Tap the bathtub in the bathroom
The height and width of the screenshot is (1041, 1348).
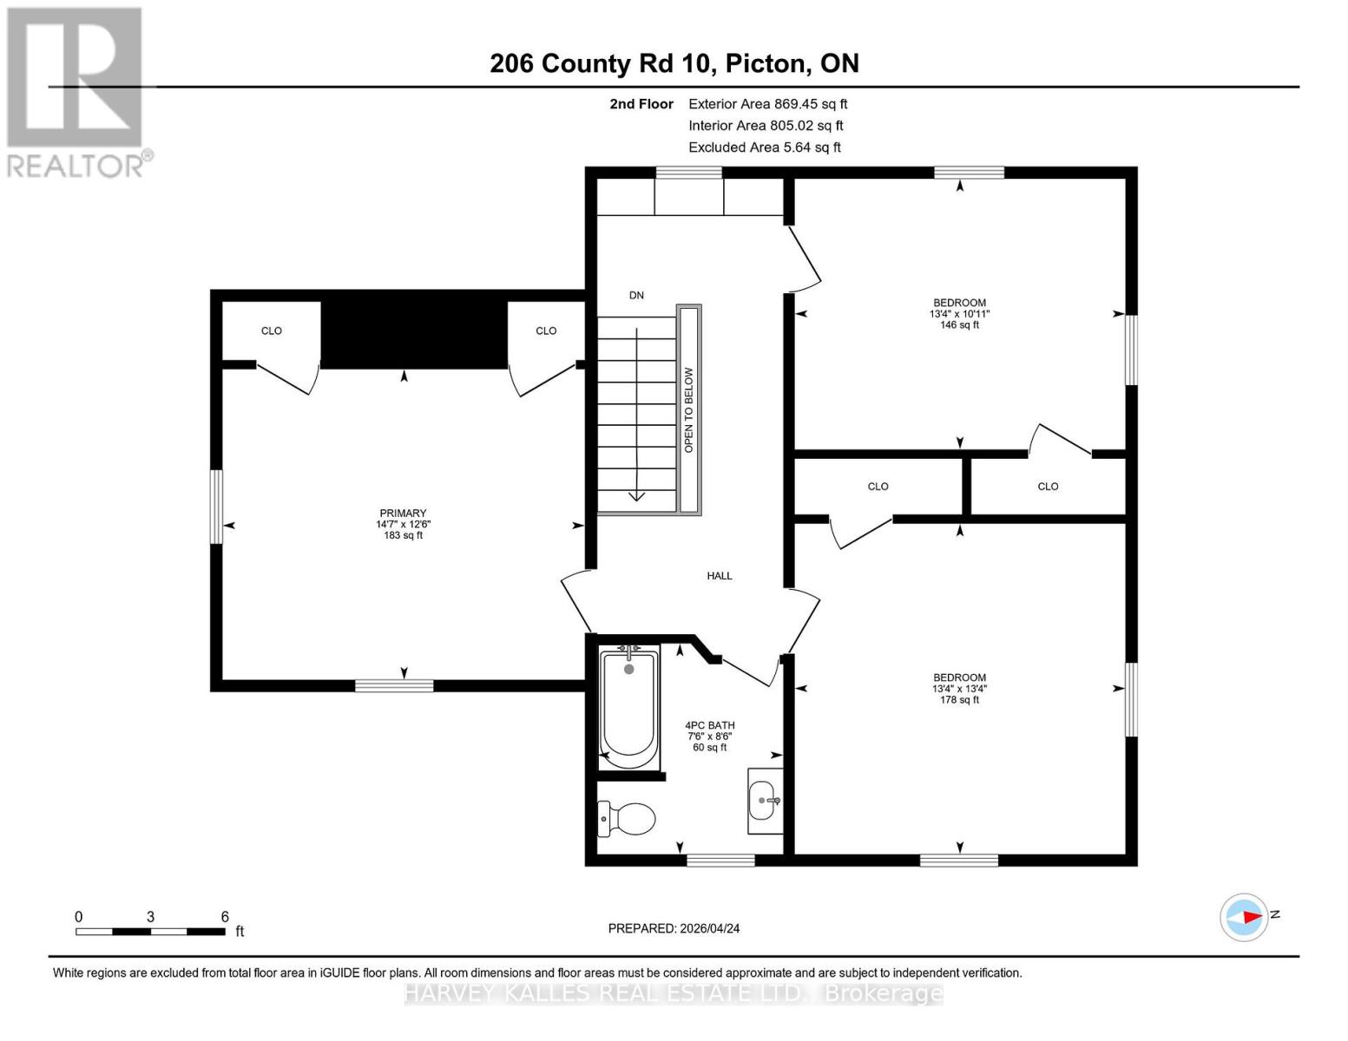pos(628,705)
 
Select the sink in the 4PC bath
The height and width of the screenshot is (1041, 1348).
pos(764,800)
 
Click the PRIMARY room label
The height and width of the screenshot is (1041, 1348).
pos(403,514)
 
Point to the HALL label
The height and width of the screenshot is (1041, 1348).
pos(719,576)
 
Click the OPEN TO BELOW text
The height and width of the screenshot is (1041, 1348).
pos(689,409)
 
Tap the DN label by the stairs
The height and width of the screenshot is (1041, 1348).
pos(636,296)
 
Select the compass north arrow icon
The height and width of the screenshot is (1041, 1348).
pos(1245,916)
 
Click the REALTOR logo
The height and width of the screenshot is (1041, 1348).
pos(76,91)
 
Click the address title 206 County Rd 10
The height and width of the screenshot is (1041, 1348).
pos(674,63)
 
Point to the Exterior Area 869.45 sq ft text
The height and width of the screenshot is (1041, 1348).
pos(767,104)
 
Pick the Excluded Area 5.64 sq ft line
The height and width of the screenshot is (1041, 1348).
pos(764,147)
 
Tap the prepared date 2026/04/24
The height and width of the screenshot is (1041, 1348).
pos(674,928)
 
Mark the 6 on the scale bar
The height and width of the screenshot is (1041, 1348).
pos(225,917)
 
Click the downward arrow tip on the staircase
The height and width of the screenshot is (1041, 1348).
pos(636,497)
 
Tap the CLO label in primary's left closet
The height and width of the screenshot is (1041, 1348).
pos(272,331)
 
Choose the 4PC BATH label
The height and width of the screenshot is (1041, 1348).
pos(709,726)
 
